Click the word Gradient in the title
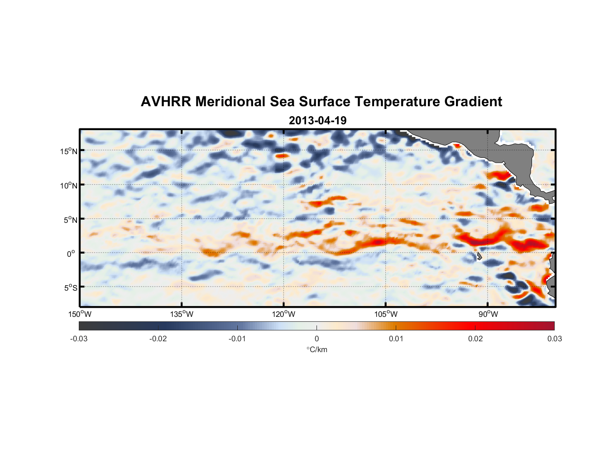473,102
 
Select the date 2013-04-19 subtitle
317,121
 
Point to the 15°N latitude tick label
68,151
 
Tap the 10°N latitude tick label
68,185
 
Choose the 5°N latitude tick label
70,220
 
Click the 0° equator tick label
71,254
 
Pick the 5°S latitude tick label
70,287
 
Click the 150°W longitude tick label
80,314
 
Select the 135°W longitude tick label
182,314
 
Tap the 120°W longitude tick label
283,314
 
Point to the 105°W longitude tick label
386,314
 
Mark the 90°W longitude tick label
488,314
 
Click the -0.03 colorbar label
79,339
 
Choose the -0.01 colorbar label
237,339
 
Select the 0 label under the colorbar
317,339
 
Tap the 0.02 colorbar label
475,339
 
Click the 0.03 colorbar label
554,339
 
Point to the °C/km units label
317,349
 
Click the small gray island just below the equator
479,256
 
